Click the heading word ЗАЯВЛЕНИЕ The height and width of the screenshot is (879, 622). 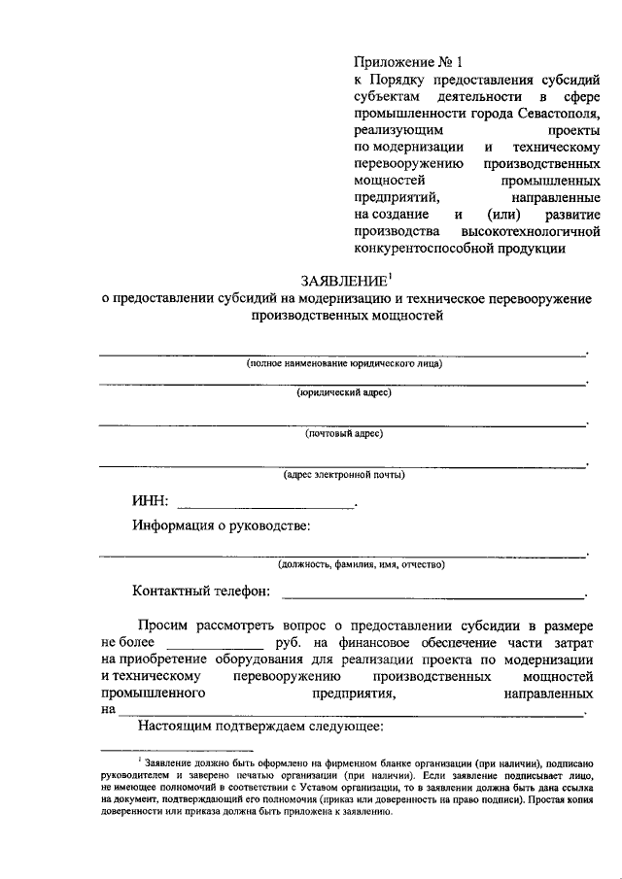345,281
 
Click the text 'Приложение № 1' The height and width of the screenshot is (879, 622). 401,60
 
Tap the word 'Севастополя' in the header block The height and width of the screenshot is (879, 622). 557,113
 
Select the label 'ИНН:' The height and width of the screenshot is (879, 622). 151,501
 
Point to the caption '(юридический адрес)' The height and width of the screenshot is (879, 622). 344,393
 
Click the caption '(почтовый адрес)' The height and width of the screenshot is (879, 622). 344,433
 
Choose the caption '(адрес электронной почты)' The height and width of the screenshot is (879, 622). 344,475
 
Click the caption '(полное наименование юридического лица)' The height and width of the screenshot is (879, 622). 344,363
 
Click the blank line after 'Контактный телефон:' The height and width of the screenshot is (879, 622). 433,592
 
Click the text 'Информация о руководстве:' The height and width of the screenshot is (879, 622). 223,526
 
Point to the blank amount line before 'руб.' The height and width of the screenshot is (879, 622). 215,645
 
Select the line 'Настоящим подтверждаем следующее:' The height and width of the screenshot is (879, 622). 261,727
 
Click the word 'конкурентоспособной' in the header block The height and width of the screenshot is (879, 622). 423,249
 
